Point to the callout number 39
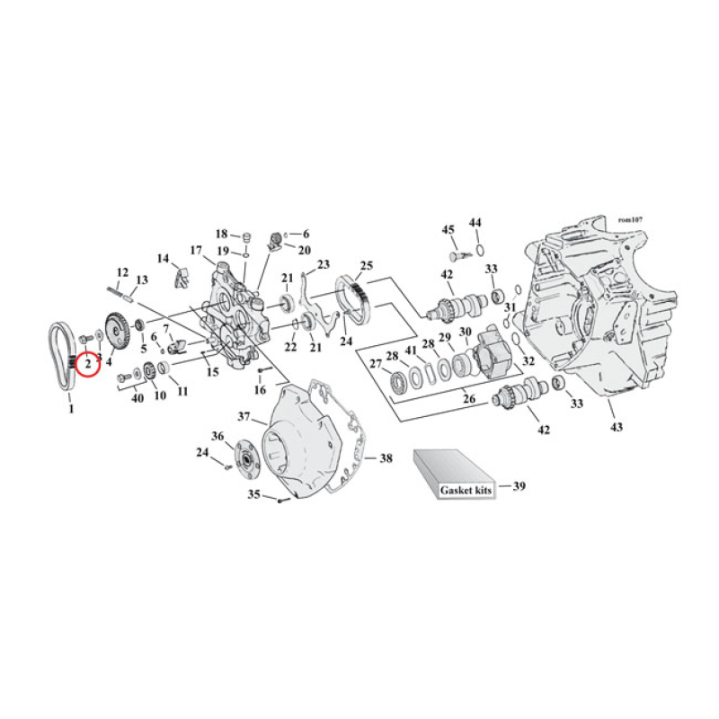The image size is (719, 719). point(519,486)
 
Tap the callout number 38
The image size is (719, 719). point(386,457)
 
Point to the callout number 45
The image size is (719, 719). point(448,229)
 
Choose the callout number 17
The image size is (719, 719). point(195,250)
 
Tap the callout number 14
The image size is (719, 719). point(163,259)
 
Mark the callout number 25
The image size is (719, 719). point(366,266)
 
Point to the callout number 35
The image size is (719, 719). point(254,493)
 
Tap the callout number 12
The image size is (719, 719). point(123,271)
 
